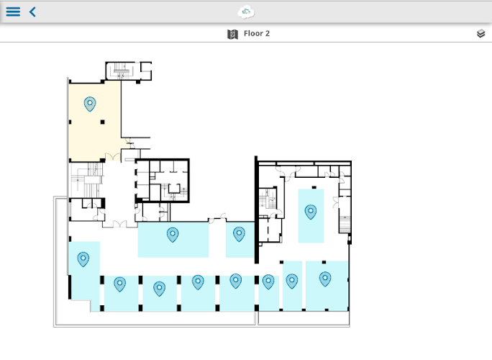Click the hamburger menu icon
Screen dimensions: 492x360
pyautogui.click(x=13, y=12)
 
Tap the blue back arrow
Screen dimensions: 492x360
pyautogui.click(x=32, y=12)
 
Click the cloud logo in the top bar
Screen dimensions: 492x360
pyautogui.click(x=246, y=12)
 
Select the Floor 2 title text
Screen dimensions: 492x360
pyautogui.click(x=257, y=33)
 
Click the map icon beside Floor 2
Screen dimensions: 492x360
pyautogui.click(x=232, y=34)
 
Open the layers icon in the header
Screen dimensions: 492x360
pyautogui.click(x=480, y=34)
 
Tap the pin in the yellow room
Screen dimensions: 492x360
pyautogui.click(x=90, y=104)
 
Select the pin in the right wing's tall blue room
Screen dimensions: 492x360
pyautogui.click(x=311, y=212)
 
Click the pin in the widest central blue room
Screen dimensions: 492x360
pyautogui.click(x=173, y=235)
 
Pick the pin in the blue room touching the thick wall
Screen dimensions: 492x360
pyautogui.click(x=239, y=234)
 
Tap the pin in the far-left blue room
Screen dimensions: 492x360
pyautogui.click(x=83, y=259)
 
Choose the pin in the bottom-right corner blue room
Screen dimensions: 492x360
pyautogui.click(x=325, y=279)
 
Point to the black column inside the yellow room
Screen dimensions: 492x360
pyautogui.click(x=103, y=122)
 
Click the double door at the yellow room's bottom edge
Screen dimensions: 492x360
pyautogui.click(x=113, y=157)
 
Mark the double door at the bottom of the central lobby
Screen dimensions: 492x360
pyautogui.click(x=119, y=224)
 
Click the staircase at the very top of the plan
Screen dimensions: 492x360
pyautogui.click(x=121, y=71)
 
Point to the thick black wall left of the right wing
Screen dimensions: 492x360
pyautogui.click(x=256, y=210)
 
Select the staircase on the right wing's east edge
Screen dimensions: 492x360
pyautogui.click(x=345, y=225)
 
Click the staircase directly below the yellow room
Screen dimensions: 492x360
pyautogui.click(x=87, y=180)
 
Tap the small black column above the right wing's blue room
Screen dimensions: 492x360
pyautogui.click(x=314, y=187)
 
